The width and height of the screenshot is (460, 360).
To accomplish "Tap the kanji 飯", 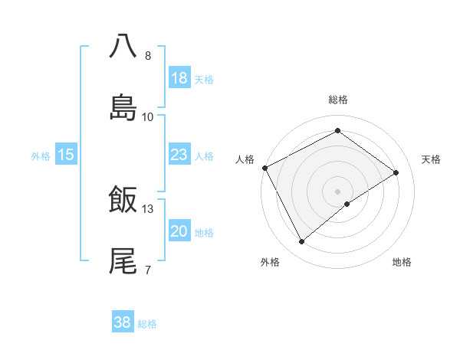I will pos(123,199).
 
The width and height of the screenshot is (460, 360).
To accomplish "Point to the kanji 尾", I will pos(123,260).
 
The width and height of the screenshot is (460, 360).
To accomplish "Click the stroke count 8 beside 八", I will pos(148,55).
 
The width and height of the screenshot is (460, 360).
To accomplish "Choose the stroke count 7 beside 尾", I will pos(148,270).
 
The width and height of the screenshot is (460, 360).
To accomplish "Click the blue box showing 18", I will pos(179,77).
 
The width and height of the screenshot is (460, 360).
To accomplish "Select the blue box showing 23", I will pos(179,155).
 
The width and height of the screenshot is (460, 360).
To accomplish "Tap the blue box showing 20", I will pos(179,231).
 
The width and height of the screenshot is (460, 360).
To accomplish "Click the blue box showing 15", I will pos(66,155).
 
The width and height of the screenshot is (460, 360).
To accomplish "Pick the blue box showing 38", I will pos(123,322).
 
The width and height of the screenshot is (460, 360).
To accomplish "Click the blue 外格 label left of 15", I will pos(41,155).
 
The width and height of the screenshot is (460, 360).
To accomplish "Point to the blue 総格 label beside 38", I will pos(148,323).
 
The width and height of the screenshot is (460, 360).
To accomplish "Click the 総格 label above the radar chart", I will pos(338,100).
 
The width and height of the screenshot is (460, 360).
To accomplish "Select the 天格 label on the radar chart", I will pos(431,159).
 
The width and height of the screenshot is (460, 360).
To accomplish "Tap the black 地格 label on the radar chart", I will pos(402,262).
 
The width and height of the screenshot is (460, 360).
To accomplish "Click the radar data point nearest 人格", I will pos(264,168).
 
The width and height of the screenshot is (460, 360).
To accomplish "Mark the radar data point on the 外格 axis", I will pos(302,242).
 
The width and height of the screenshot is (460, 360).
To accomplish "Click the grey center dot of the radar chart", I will pos(338,191).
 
